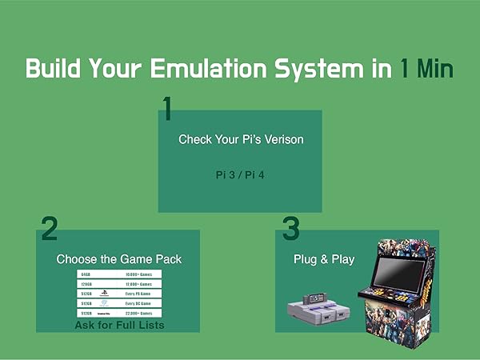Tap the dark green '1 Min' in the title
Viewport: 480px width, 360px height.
pyautogui.click(x=426, y=68)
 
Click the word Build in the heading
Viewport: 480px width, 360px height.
pyautogui.click(x=57, y=68)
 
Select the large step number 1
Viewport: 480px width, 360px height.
pyautogui.click(x=167, y=109)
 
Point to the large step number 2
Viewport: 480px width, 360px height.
pyautogui.click(x=50, y=229)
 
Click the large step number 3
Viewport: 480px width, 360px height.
pyautogui.click(x=291, y=229)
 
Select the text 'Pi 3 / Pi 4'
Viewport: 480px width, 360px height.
pyautogui.click(x=240, y=173)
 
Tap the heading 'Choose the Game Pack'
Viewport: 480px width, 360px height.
pyautogui.click(x=118, y=259)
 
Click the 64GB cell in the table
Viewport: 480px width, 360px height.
pyautogui.click(x=86, y=274)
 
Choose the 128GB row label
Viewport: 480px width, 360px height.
pyautogui.click(x=86, y=284)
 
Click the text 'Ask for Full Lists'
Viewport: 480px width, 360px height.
pyautogui.click(x=119, y=326)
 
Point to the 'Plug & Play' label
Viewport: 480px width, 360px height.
pyautogui.click(x=324, y=259)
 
